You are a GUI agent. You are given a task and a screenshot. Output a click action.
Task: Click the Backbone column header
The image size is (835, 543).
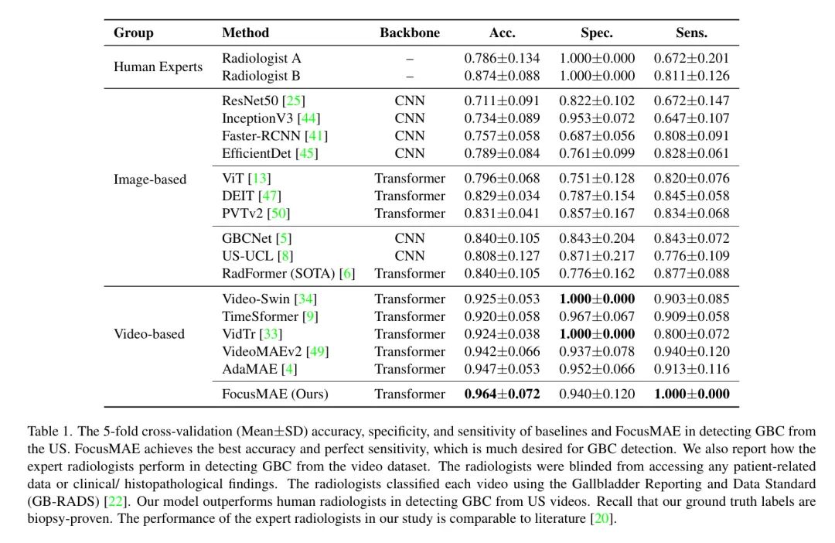[409, 32]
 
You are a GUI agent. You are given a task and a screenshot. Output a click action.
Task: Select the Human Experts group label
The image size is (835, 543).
[158, 67]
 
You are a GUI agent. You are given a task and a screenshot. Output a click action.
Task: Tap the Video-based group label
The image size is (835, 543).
[149, 334]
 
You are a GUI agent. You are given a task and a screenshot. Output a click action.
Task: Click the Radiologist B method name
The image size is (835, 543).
[261, 76]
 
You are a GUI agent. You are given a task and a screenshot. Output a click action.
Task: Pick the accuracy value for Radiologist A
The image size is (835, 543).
[502, 58]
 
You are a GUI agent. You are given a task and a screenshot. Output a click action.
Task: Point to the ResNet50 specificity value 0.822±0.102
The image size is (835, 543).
[597, 101]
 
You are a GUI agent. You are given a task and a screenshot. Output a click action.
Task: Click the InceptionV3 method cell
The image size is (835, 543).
[260, 118]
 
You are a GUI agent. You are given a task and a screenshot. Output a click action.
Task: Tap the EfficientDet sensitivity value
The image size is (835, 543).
[692, 153]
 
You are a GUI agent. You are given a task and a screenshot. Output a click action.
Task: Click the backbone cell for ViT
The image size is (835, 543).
[410, 178]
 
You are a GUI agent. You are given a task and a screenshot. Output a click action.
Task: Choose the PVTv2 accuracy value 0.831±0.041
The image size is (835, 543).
[502, 213]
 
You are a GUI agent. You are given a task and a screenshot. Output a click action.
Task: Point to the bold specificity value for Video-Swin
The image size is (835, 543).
[597, 299]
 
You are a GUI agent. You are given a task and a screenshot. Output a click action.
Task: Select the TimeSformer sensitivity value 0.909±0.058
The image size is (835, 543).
[692, 316]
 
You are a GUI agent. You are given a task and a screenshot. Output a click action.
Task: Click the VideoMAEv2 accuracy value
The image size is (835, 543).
[502, 351]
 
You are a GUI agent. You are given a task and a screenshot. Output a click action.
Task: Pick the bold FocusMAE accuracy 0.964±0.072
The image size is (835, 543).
[502, 394]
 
